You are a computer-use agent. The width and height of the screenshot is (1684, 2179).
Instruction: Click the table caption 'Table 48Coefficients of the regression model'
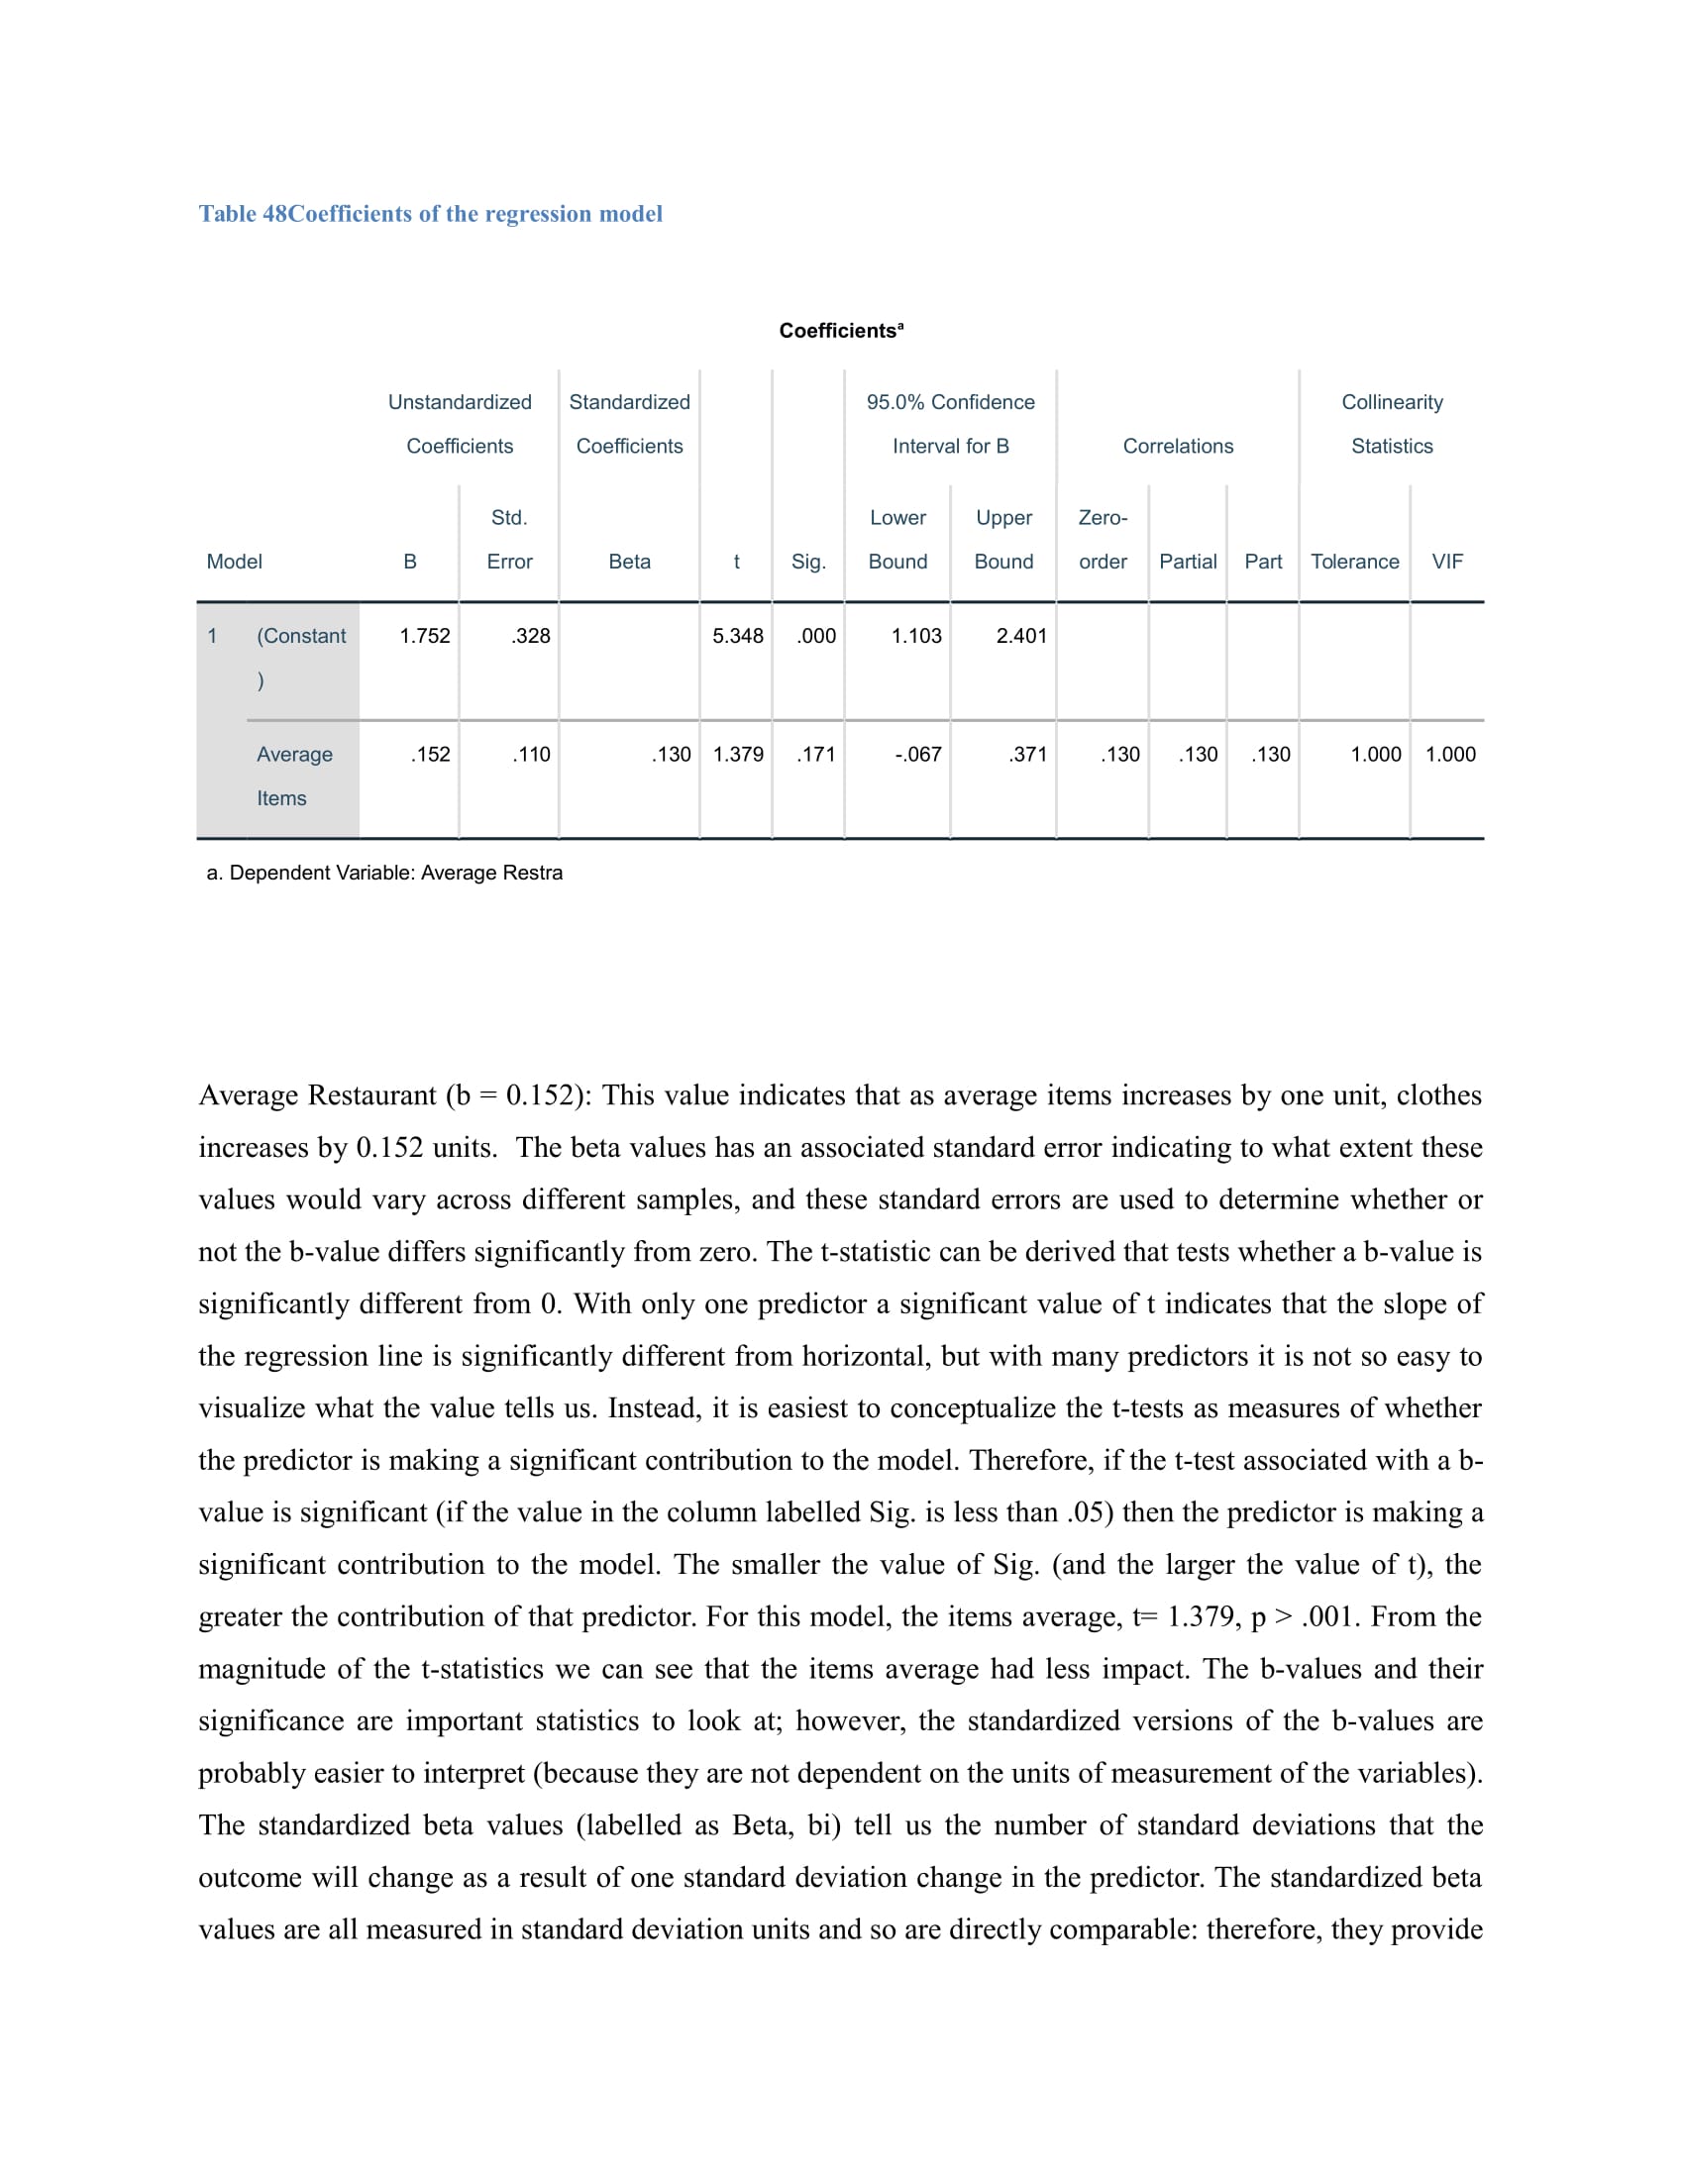(430, 214)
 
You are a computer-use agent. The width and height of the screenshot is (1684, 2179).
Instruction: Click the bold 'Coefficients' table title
(840, 330)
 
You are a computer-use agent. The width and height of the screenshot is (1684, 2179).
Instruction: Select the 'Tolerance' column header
(1354, 562)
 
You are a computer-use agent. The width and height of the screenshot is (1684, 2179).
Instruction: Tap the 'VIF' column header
(1446, 562)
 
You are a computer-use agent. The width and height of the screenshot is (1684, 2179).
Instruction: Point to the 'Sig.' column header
(808, 562)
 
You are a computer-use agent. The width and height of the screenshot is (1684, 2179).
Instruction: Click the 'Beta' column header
(629, 562)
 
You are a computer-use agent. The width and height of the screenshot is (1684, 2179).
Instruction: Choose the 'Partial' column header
(1187, 562)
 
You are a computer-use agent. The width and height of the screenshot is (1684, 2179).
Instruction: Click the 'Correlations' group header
(1177, 446)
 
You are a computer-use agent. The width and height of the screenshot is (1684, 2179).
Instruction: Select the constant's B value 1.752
(425, 636)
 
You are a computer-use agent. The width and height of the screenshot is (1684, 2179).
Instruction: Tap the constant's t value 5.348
(737, 636)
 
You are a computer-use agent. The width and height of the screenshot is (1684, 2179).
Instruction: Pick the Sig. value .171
(816, 755)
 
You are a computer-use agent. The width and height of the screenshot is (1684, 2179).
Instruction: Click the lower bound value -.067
(918, 755)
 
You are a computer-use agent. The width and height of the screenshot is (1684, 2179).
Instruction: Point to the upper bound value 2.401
(1021, 636)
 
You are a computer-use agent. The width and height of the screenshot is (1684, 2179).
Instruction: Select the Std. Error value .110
(532, 755)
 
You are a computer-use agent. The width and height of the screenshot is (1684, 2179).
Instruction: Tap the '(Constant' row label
(301, 636)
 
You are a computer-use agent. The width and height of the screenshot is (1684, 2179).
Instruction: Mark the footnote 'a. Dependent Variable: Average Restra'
(384, 873)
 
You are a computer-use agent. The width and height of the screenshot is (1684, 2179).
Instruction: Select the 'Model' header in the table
(235, 562)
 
